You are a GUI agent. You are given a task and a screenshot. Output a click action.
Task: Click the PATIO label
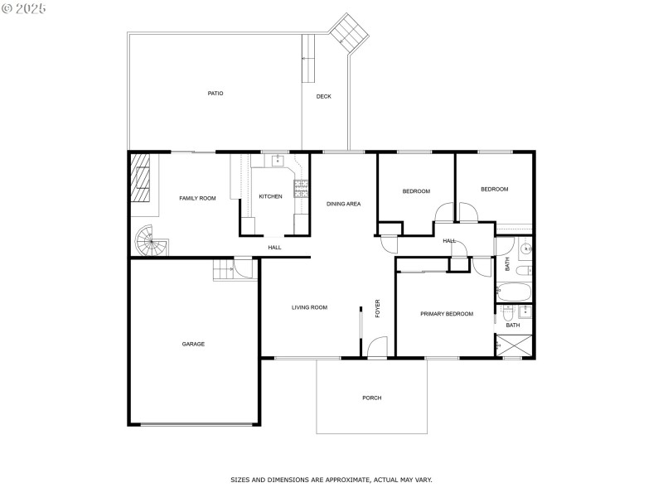215,94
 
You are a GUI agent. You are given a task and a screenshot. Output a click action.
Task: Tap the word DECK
323,97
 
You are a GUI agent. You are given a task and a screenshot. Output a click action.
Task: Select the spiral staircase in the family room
152,242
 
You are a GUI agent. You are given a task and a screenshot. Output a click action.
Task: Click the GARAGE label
193,344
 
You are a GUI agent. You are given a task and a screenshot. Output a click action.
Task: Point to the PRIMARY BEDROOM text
446,314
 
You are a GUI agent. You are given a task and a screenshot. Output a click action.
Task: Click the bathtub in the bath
515,292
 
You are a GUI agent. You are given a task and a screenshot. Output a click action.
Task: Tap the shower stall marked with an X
515,347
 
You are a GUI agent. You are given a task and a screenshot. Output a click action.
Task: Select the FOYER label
377,308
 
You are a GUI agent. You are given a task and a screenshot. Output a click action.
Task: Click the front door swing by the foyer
377,347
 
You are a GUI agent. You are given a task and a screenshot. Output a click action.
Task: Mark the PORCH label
371,398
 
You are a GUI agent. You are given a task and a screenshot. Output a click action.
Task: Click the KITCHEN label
270,196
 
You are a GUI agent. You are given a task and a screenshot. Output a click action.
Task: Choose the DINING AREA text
343,204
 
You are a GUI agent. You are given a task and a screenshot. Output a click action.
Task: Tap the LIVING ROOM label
309,307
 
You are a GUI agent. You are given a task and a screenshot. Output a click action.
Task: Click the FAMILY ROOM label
197,198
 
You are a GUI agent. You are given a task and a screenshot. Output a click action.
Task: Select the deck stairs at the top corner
348,33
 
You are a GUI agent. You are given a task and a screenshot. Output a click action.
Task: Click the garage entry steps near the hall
223,270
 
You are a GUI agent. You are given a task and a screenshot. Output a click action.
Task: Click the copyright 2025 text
25,7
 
